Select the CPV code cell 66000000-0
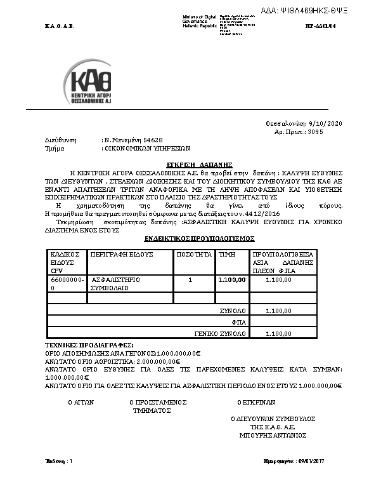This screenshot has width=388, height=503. (x=66, y=284)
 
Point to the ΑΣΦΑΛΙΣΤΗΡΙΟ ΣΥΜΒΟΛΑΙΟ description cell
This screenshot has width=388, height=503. (x=116, y=284)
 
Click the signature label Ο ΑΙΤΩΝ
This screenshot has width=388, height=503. (x=81, y=402)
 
